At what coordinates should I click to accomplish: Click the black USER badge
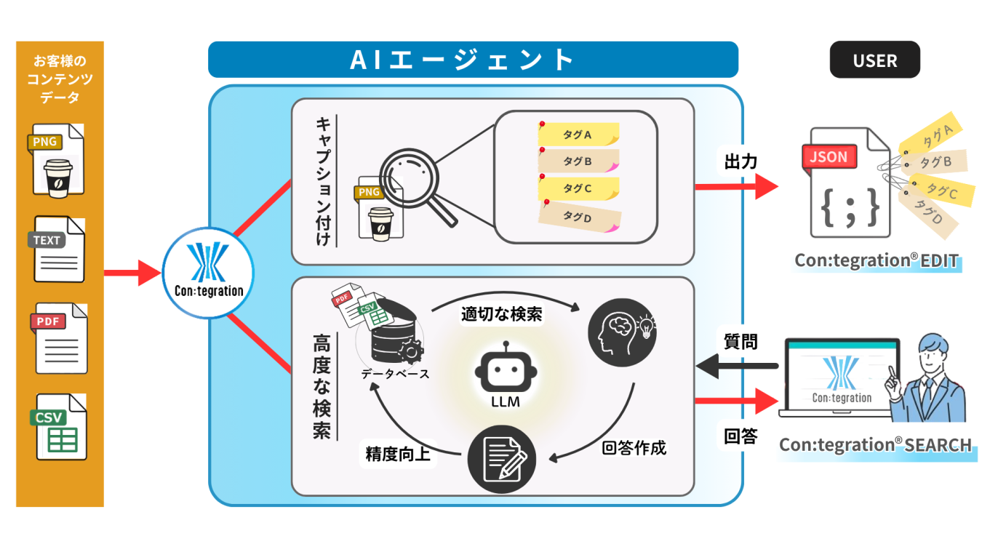tap(874, 60)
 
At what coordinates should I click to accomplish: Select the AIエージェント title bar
tap(473, 60)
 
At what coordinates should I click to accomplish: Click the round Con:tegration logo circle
tap(207, 273)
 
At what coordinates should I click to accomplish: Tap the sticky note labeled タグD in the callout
tap(578, 216)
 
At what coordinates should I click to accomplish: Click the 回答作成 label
tap(634, 447)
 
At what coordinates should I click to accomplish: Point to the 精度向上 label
tap(398, 455)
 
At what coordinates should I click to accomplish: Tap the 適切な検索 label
tap(501, 314)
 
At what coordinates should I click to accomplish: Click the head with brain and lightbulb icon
tap(621, 331)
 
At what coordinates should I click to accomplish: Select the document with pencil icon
tap(501, 460)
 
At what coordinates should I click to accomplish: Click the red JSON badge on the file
tap(829, 157)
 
